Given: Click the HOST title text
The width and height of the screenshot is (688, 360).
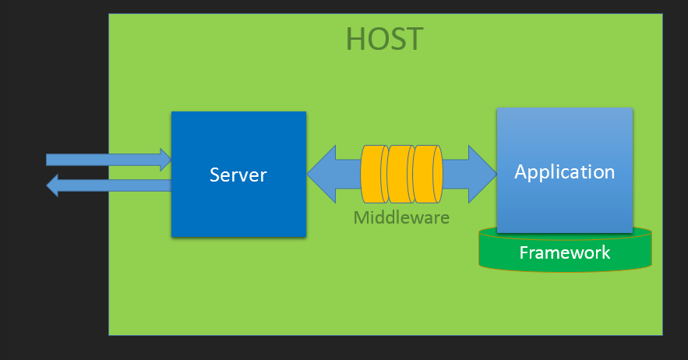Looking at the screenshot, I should coord(385,39).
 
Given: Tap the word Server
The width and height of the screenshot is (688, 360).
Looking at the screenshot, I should coord(238,175).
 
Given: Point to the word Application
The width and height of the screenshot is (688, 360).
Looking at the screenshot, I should coord(565,171).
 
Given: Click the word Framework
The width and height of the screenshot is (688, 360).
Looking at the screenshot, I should coord(565,252).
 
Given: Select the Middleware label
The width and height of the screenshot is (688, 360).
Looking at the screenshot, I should coord(401,217).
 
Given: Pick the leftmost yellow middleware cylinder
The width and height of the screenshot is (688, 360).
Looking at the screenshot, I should coord(372,174).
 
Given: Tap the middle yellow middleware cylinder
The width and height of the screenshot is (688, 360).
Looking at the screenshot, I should coord(399,174).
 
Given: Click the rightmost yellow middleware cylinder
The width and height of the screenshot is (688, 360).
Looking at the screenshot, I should coord(428,174).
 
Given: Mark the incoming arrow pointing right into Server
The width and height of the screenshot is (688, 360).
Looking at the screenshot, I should coord(108,160).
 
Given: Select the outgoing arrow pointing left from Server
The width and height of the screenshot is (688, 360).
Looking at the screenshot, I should coord(108,185).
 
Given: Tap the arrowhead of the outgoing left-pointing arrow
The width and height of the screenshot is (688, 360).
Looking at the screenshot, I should coord(53,185).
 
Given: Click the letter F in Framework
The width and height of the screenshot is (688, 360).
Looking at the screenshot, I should coord(524,252).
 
